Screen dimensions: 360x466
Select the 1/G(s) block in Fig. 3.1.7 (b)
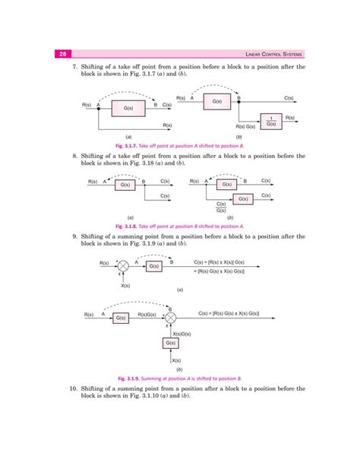pyautogui.click(x=271, y=119)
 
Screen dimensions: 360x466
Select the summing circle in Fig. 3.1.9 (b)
pyautogui.click(x=171, y=312)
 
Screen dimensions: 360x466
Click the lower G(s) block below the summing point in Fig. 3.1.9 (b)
pyautogui.click(x=171, y=344)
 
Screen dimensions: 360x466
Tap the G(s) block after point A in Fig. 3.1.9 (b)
pyautogui.click(x=122, y=318)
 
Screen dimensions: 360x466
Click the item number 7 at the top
pyautogui.click(x=75, y=67)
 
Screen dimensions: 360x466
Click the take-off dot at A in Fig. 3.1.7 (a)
pyautogui.click(x=99, y=109)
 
